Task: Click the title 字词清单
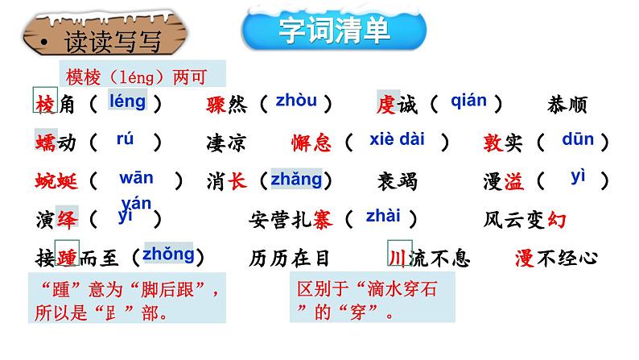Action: (x=334, y=31)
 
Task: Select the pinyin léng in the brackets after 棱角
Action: (x=127, y=101)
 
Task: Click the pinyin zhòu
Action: (x=296, y=101)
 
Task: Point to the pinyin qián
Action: (x=468, y=101)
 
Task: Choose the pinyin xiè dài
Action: (x=397, y=139)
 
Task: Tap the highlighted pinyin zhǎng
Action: (x=296, y=179)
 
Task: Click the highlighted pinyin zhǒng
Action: (x=169, y=254)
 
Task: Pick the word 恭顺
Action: (x=567, y=105)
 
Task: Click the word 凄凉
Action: (x=226, y=143)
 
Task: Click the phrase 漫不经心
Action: (x=555, y=259)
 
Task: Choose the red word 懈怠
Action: (x=311, y=143)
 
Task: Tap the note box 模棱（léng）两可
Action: (x=137, y=77)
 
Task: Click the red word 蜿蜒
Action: (x=56, y=181)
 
